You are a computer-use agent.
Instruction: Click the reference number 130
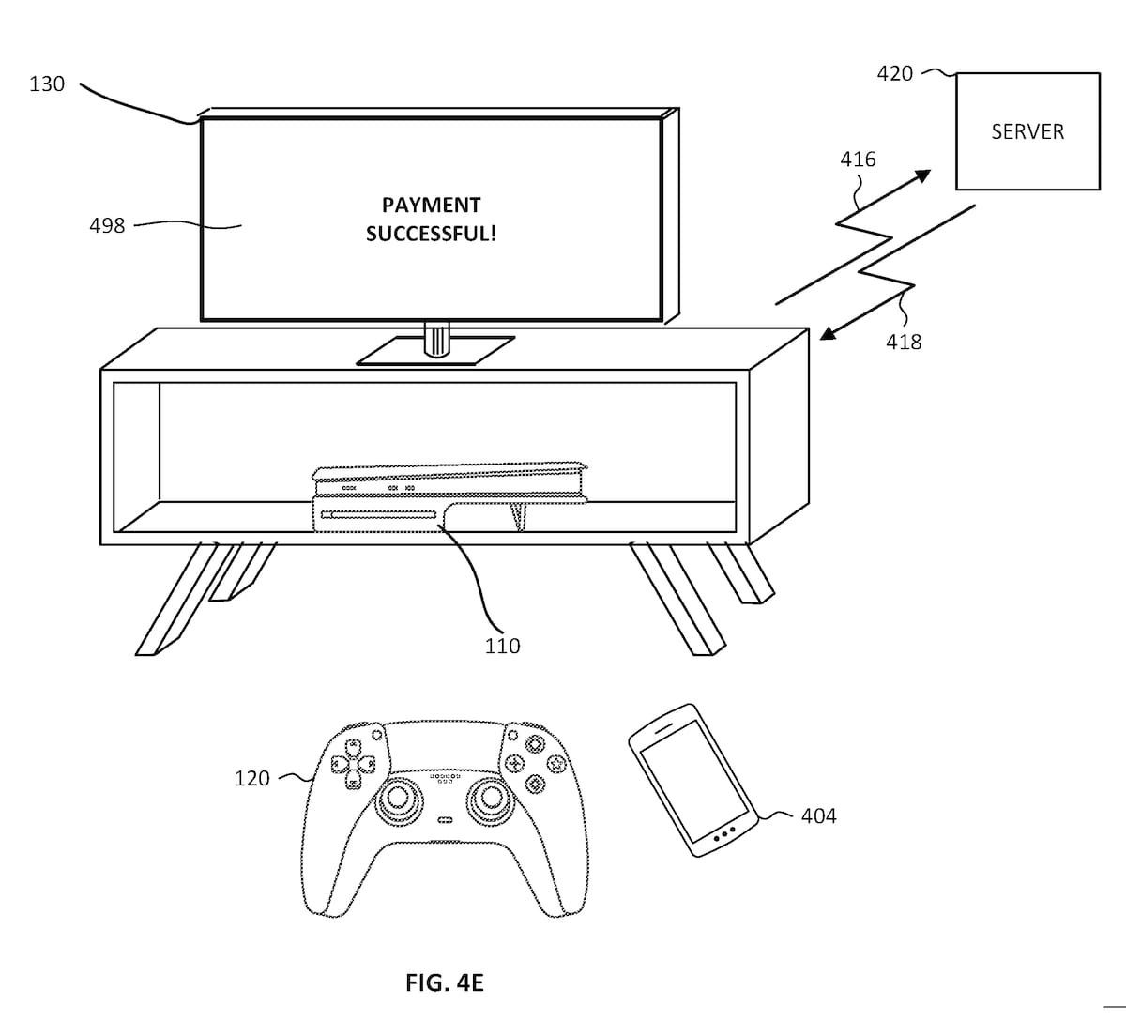(x=47, y=84)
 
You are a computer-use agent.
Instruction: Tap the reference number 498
(x=107, y=226)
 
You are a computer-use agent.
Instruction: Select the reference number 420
(x=895, y=73)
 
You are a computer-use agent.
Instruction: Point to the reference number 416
(x=858, y=160)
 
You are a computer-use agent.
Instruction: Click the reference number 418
(x=904, y=342)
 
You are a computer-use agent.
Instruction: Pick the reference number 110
(x=502, y=647)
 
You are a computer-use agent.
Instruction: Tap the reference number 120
(x=252, y=778)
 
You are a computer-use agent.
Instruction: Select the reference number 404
(x=819, y=816)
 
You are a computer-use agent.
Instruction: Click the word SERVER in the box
(x=1027, y=132)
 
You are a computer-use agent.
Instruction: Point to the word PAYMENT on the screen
(x=431, y=205)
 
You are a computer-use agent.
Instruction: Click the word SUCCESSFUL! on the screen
(x=431, y=234)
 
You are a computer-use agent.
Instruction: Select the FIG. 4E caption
(x=445, y=983)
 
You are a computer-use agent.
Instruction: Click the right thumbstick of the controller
(x=491, y=799)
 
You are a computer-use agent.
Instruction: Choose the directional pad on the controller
(x=353, y=764)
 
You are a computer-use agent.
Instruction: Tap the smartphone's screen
(x=694, y=782)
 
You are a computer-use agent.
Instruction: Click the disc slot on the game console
(x=378, y=515)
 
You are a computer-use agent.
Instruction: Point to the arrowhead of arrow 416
(x=922, y=175)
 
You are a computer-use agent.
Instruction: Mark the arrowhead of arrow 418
(x=829, y=333)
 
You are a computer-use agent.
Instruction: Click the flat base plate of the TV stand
(x=435, y=351)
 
